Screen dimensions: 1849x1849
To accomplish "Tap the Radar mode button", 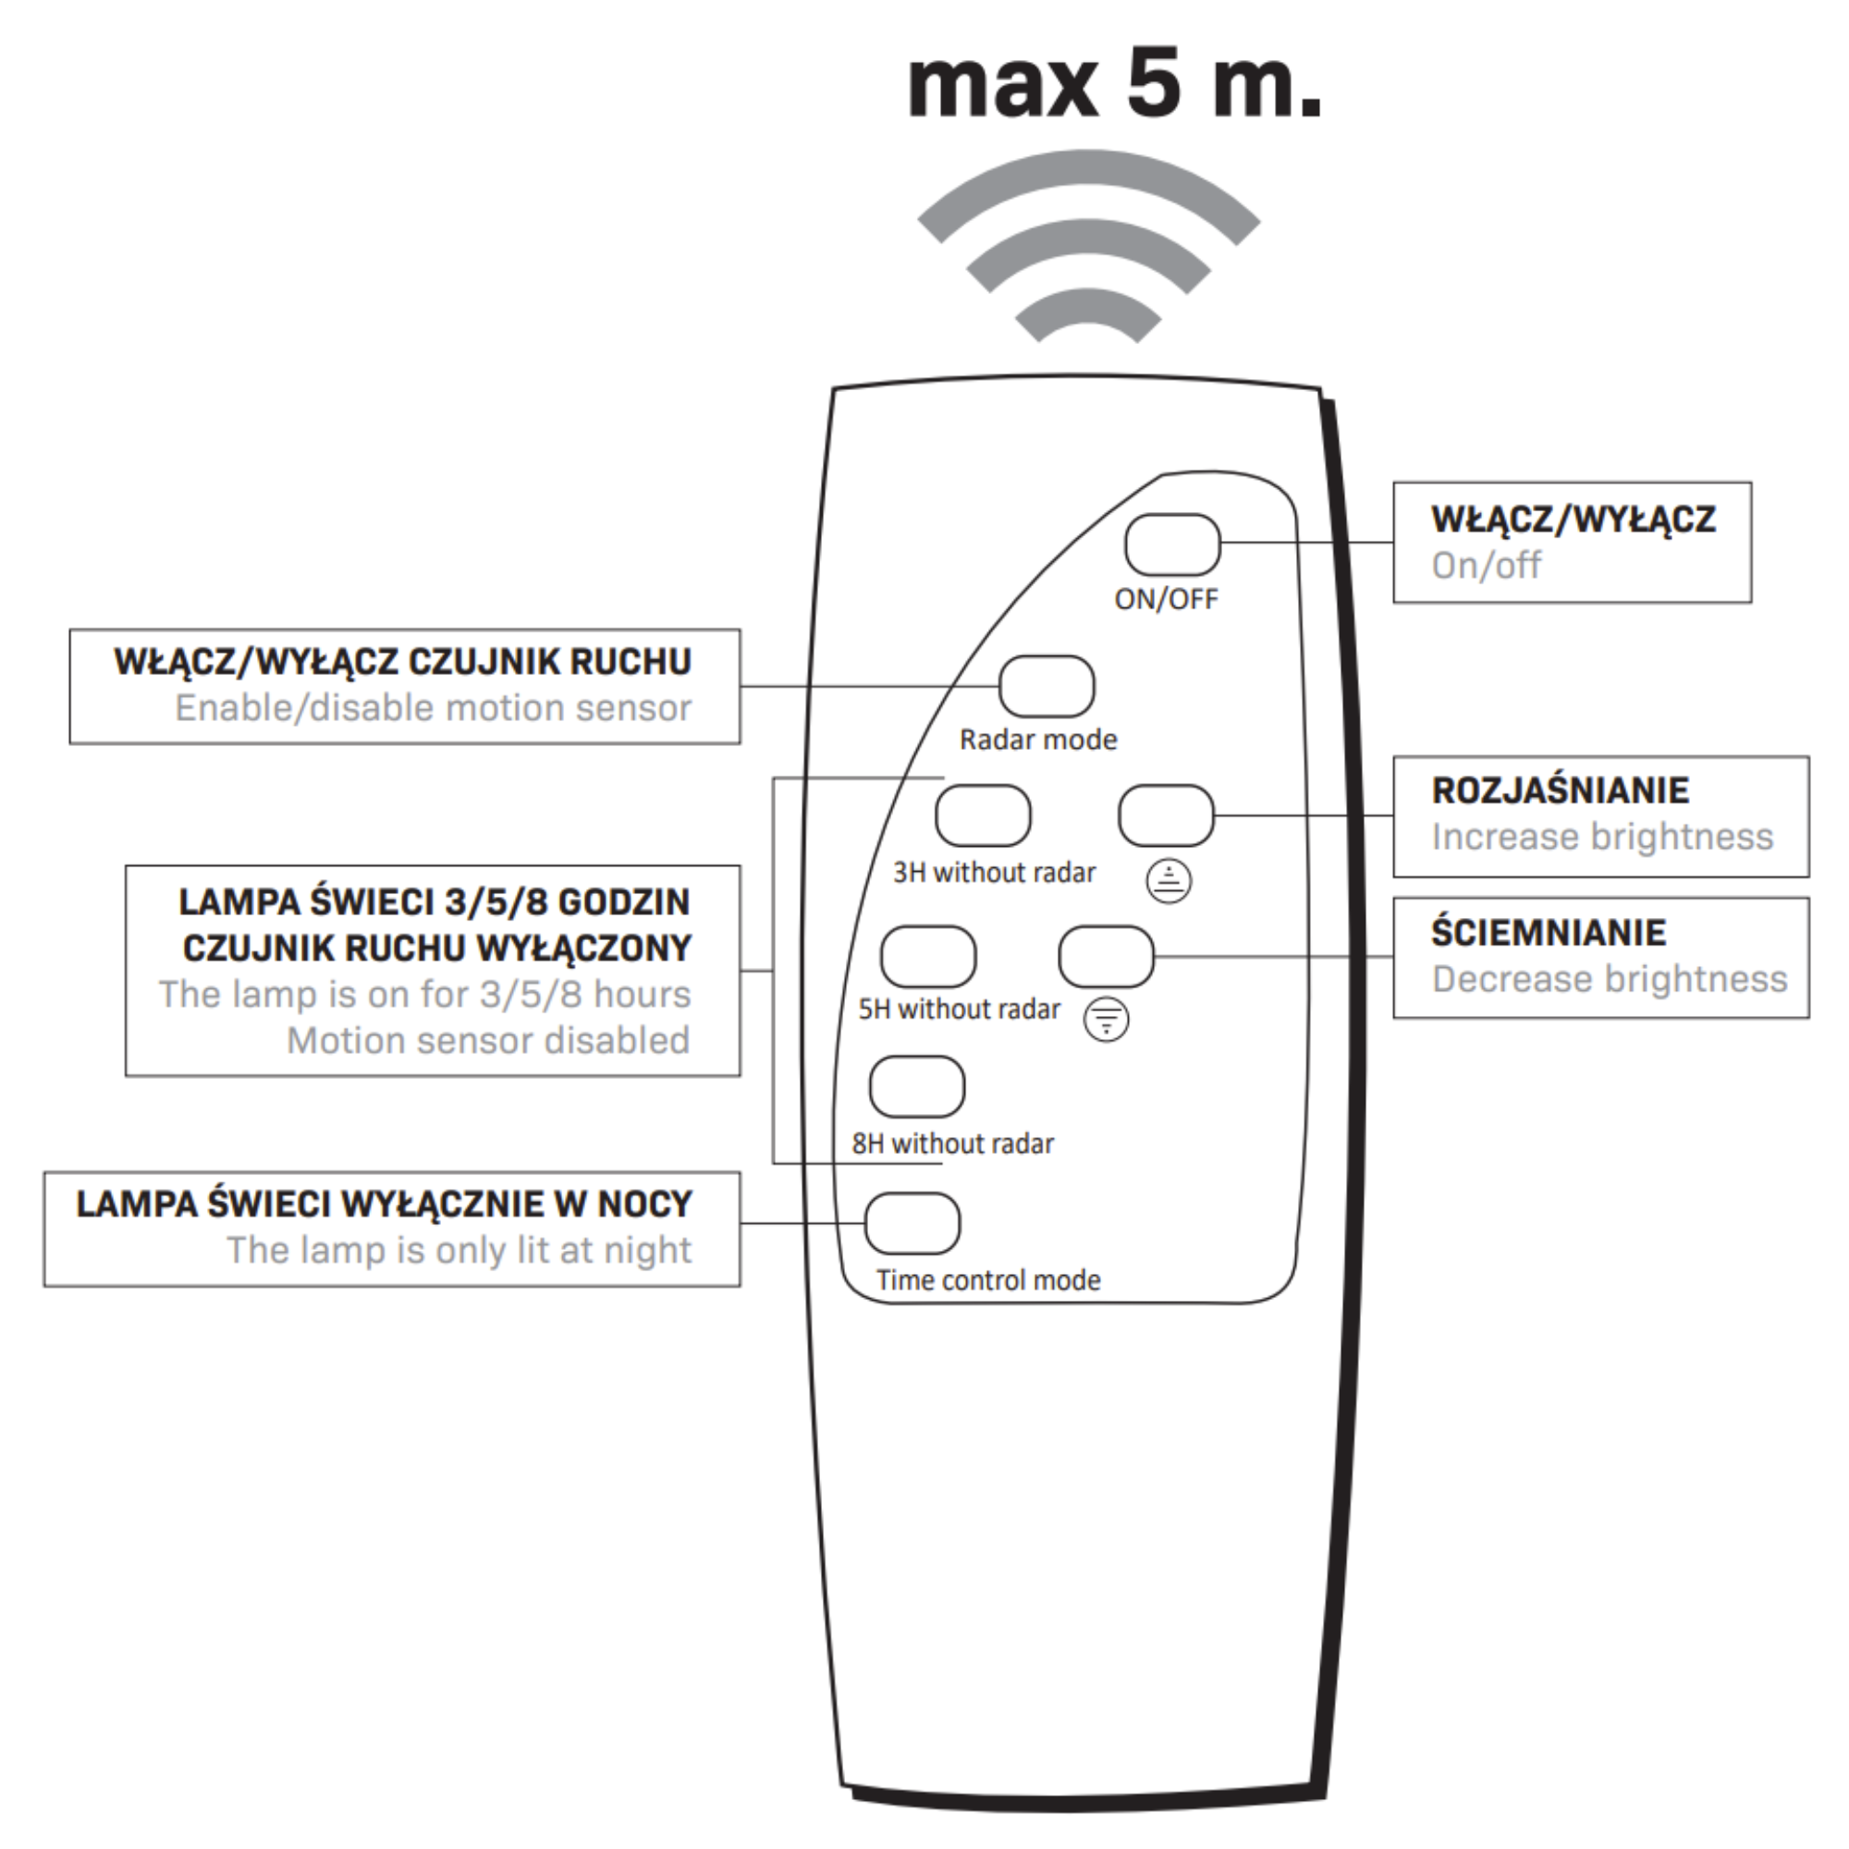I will tap(1046, 686).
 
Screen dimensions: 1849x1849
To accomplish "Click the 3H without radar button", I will tap(983, 815).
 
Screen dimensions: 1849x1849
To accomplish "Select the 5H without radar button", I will tap(927, 956).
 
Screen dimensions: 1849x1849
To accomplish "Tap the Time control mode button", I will tap(912, 1223).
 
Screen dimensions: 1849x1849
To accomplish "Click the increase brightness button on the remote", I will tap(1166, 815).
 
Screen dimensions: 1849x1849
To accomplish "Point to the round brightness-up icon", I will tap(1169, 880).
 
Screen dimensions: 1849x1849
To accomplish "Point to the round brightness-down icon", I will tap(1106, 1021).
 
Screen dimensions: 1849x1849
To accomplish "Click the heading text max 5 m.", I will tap(1114, 85).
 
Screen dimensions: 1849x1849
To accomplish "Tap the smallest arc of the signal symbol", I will tap(1088, 313).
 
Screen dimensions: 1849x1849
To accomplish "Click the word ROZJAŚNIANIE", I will tap(1560, 790).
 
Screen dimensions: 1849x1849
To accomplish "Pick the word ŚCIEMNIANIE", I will tap(1549, 932).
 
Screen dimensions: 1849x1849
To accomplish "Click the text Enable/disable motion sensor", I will tap(433, 708).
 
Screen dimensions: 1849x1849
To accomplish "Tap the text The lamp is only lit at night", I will tap(459, 1250).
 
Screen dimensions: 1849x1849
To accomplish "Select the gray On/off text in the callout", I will tap(1486, 566).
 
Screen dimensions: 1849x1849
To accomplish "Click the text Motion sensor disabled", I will tap(488, 1040).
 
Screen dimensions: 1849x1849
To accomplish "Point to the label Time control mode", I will tap(987, 1280).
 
